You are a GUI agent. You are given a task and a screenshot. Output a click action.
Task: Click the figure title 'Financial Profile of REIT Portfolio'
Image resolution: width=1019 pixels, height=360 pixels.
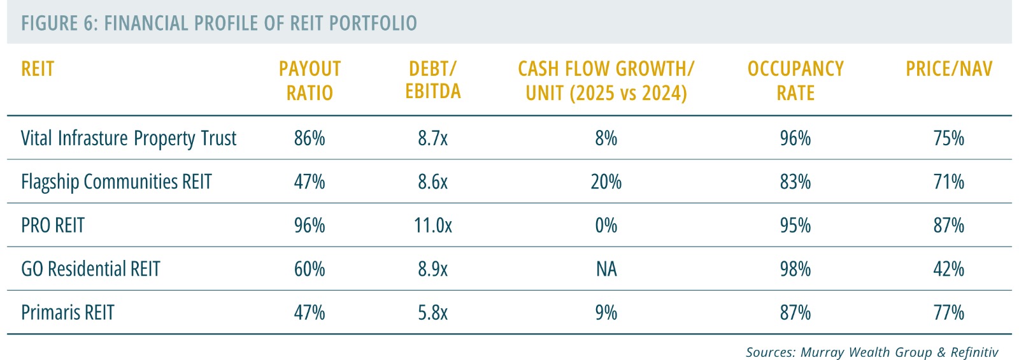(219, 24)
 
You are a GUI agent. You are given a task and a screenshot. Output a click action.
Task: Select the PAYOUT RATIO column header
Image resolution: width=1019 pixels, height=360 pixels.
(310, 80)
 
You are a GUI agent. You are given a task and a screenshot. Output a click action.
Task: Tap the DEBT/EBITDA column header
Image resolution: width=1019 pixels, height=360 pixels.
(433, 80)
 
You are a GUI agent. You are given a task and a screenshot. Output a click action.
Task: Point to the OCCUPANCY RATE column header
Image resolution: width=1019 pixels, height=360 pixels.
(795, 80)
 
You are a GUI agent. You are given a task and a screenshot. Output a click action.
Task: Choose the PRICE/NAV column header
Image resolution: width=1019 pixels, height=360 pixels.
(949, 69)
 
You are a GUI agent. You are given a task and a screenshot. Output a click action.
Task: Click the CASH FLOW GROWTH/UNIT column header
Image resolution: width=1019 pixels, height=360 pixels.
(606, 80)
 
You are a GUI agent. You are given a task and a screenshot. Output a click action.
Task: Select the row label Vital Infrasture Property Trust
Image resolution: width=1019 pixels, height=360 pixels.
(129, 138)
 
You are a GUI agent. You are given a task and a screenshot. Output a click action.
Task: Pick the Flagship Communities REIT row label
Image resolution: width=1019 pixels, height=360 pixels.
(117, 182)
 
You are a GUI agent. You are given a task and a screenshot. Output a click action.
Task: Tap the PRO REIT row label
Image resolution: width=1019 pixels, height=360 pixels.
(53, 226)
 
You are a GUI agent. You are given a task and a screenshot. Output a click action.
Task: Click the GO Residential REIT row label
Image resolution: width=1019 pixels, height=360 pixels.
(90, 269)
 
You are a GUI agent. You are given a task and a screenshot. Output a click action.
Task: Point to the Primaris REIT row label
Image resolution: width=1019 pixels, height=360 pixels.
(68, 313)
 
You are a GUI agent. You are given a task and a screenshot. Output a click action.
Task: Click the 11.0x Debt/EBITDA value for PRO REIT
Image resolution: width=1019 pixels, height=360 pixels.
(433, 226)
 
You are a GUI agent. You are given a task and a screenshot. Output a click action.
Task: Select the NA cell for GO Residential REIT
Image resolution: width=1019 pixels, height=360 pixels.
(606, 269)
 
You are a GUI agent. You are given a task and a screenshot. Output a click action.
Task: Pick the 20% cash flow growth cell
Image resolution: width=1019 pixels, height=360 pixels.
(606, 182)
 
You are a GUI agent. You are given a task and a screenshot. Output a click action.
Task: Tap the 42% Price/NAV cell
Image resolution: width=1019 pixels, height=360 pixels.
(949, 269)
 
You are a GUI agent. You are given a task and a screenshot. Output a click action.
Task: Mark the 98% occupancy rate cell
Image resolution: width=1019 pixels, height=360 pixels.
(795, 269)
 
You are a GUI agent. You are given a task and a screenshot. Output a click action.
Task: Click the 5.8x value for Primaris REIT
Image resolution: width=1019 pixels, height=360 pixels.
(433, 313)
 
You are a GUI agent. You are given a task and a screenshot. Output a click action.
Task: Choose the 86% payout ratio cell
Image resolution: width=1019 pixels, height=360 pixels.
(310, 138)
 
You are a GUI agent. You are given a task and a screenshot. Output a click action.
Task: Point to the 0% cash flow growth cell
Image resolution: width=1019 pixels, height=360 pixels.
(606, 226)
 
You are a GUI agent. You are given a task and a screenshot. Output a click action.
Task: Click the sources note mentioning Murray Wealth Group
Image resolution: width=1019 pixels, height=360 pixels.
(872, 352)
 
